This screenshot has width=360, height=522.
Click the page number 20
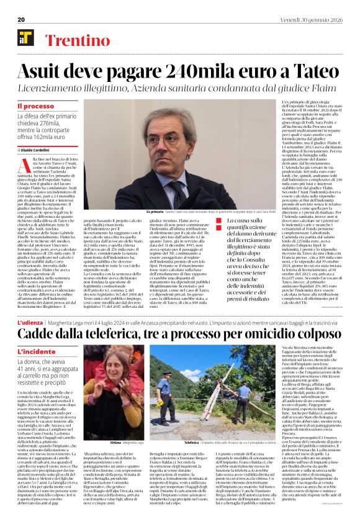(x=21, y=19)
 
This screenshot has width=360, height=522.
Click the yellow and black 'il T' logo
(x=26, y=38)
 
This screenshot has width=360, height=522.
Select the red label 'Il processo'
(x=40, y=107)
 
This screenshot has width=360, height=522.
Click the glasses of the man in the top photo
(x=186, y=135)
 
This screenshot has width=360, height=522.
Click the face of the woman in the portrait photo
(x=115, y=377)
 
